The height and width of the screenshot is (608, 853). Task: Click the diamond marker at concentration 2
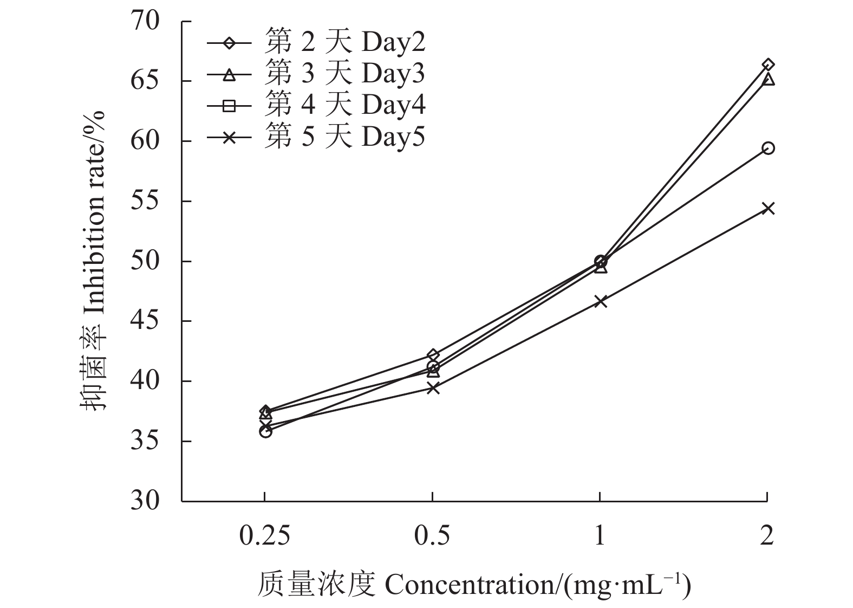coord(768,65)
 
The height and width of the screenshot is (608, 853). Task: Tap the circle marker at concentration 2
coord(768,148)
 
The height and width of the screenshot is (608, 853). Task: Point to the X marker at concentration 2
coord(768,208)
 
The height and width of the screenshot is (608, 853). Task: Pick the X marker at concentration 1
coord(600,301)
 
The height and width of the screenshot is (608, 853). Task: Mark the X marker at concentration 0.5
coord(433,387)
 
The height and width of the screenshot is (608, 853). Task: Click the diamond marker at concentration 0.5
coord(433,355)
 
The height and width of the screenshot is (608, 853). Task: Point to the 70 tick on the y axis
coord(145,22)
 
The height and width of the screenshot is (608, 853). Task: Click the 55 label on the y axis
coord(145,202)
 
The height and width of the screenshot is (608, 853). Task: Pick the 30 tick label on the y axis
coord(145,501)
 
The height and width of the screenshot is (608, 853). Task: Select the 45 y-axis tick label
coord(145,321)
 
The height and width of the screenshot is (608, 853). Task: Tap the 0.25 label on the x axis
coord(264,536)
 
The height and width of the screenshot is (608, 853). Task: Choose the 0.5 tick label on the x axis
coord(432,536)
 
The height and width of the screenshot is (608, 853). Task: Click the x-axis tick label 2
coord(767,536)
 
